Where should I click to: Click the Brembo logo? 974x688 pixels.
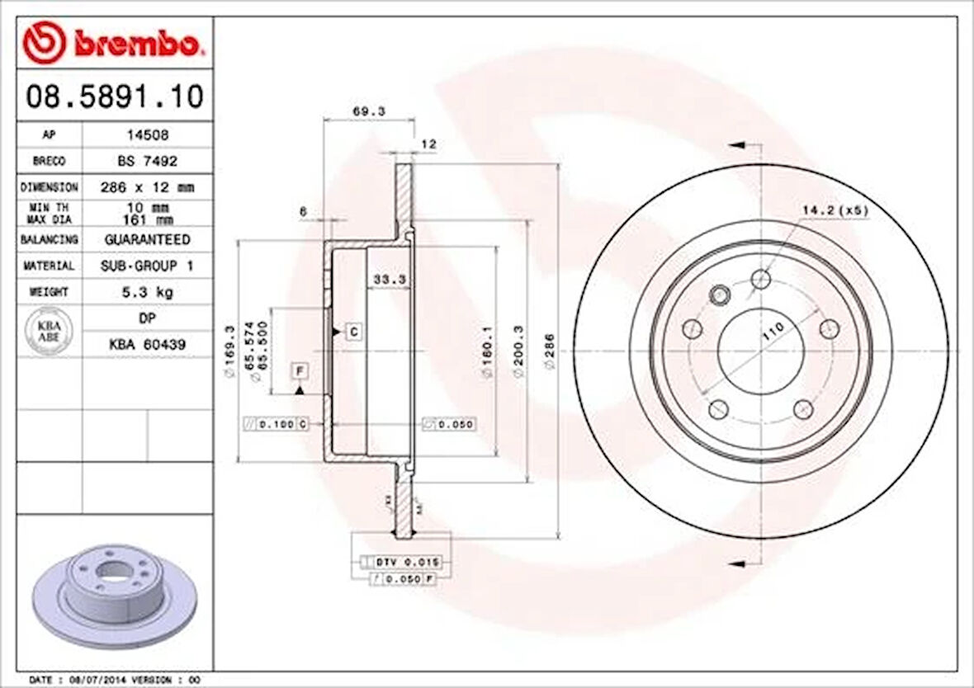[x=113, y=45]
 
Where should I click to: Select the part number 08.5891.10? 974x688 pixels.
[x=114, y=97]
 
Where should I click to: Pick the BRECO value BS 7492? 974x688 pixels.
[x=147, y=161]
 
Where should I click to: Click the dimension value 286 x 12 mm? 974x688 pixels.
[x=147, y=187]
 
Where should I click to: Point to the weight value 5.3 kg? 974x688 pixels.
[x=147, y=292]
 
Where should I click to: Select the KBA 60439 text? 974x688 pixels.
[x=147, y=344]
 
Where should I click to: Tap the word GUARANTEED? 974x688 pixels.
[x=147, y=239]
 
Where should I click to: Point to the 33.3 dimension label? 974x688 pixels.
[x=389, y=280]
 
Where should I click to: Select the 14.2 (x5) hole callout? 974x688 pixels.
[x=835, y=210]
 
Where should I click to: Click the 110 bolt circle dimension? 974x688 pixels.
[x=773, y=332]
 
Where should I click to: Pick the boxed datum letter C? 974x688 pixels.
[x=352, y=332]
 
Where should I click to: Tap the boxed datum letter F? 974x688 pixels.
[x=300, y=370]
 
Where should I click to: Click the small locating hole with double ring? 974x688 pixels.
[x=720, y=293]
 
